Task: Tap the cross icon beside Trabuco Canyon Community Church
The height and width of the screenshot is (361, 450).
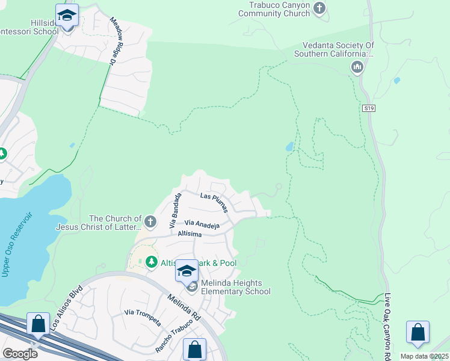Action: (x=319, y=8)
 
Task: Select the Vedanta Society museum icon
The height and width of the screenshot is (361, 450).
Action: (x=357, y=66)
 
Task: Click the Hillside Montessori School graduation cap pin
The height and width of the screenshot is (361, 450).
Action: (x=67, y=16)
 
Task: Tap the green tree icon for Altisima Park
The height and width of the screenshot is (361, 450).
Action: (x=150, y=262)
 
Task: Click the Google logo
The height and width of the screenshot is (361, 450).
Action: (x=20, y=354)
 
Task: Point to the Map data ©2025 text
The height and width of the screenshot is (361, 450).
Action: (x=425, y=356)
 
